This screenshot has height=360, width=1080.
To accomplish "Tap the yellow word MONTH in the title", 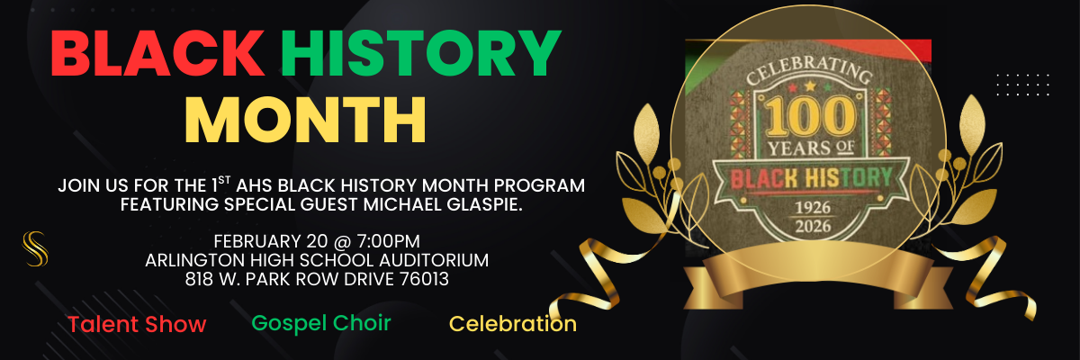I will pyautogui.click(x=305, y=119).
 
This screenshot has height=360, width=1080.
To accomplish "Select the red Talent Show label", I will pyautogui.click(x=137, y=325).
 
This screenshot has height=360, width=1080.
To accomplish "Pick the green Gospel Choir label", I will pyautogui.click(x=321, y=322).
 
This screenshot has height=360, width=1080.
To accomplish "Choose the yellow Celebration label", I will pyautogui.click(x=513, y=324).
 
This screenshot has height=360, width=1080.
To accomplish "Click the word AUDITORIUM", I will pyautogui.click(x=426, y=261).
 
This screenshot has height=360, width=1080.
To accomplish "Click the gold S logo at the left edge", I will pyautogui.click(x=34, y=248).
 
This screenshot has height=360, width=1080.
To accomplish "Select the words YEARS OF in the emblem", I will pyautogui.click(x=806, y=147).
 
